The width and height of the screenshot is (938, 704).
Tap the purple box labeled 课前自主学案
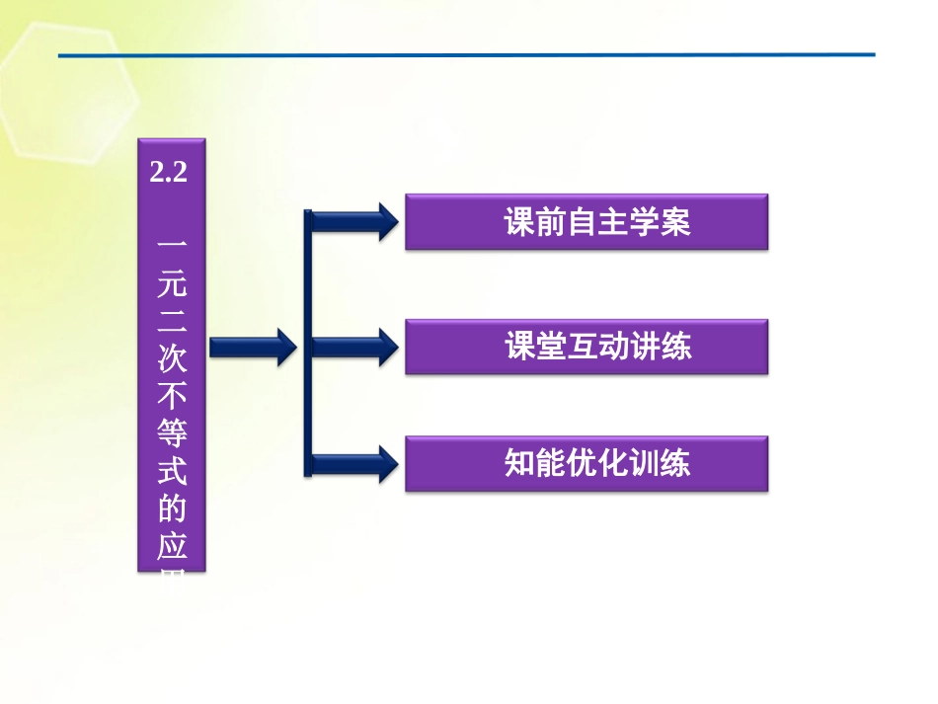click(586, 222)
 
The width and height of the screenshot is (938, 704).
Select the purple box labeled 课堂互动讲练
click(586, 347)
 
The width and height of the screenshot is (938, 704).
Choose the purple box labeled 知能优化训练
click(586, 463)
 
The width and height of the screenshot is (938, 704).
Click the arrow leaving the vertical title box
click(253, 346)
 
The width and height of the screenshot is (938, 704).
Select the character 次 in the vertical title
click(170, 357)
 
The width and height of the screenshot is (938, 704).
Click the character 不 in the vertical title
click(170, 395)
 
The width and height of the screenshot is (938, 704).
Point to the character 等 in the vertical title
click(170, 433)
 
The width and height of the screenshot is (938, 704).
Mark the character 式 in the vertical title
click(170, 472)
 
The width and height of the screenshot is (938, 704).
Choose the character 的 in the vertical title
click(170, 510)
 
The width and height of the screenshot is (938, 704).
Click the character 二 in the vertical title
click(170, 318)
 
